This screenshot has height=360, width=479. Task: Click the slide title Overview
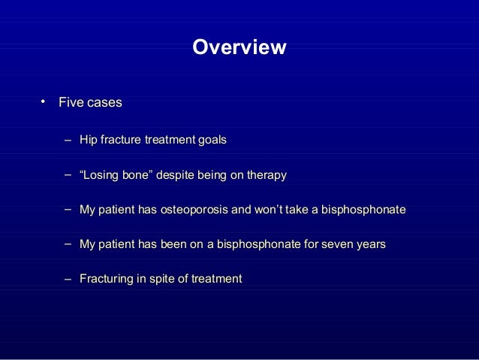239,48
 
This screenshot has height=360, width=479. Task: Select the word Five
71,102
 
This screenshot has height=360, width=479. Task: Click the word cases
104,102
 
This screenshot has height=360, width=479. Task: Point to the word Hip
88,141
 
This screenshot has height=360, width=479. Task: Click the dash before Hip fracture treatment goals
68,141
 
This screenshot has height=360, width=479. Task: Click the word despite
172,175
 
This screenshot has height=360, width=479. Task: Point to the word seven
334,244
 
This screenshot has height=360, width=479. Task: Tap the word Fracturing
106,279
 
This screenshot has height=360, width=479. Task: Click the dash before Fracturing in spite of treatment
68,279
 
